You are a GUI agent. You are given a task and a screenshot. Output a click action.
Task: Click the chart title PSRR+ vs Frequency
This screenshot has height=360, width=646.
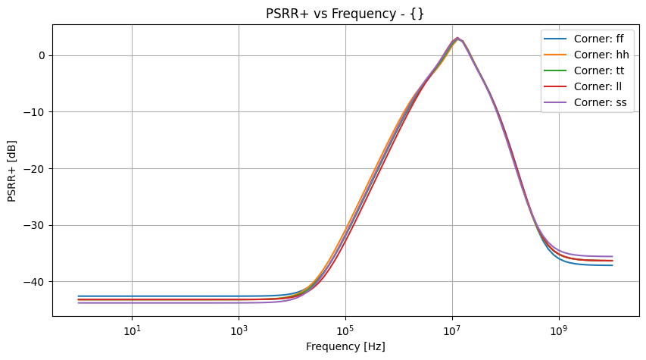click(x=345, y=14)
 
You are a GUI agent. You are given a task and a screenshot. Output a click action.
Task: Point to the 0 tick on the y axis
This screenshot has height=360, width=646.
click(x=43, y=55)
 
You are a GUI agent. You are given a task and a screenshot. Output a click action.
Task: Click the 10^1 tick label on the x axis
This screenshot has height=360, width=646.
click(x=132, y=330)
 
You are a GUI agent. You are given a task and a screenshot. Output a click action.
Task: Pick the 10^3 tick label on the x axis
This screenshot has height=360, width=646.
click(x=239, y=330)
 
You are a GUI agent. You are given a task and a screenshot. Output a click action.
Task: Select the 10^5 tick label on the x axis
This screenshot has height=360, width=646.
click(x=345, y=330)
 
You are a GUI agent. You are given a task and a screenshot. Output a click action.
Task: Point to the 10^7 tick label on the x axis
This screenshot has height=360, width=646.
click(x=452, y=330)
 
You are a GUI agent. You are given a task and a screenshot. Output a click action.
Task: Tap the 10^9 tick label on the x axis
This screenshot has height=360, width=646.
click(x=559, y=330)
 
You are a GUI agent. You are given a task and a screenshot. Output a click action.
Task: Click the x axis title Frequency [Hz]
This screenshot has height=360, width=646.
click(x=345, y=346)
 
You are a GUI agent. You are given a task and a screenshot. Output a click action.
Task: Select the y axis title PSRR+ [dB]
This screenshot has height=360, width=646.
click(x=12, y=171)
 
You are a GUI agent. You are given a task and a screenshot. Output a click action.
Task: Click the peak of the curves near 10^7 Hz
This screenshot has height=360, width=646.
click(x=457, y=38)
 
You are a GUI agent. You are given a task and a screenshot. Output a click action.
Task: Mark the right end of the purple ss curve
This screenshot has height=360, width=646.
click(x=612, y=257)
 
